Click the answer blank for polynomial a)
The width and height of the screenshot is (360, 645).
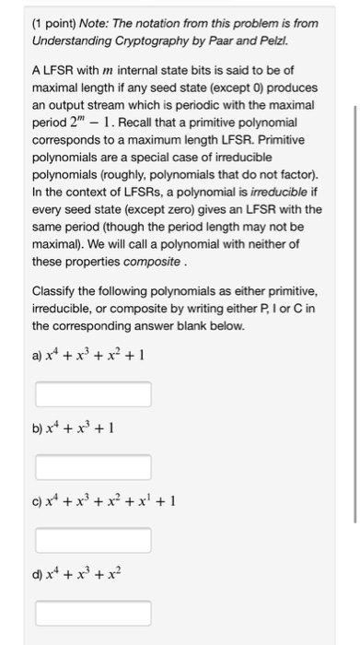(x=93, y=394)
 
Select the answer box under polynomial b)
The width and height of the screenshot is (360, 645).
(x=93, y=467)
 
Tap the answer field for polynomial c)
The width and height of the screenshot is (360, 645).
(x=93, y=541)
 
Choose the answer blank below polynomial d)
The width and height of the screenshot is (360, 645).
(x=93, y=613)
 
